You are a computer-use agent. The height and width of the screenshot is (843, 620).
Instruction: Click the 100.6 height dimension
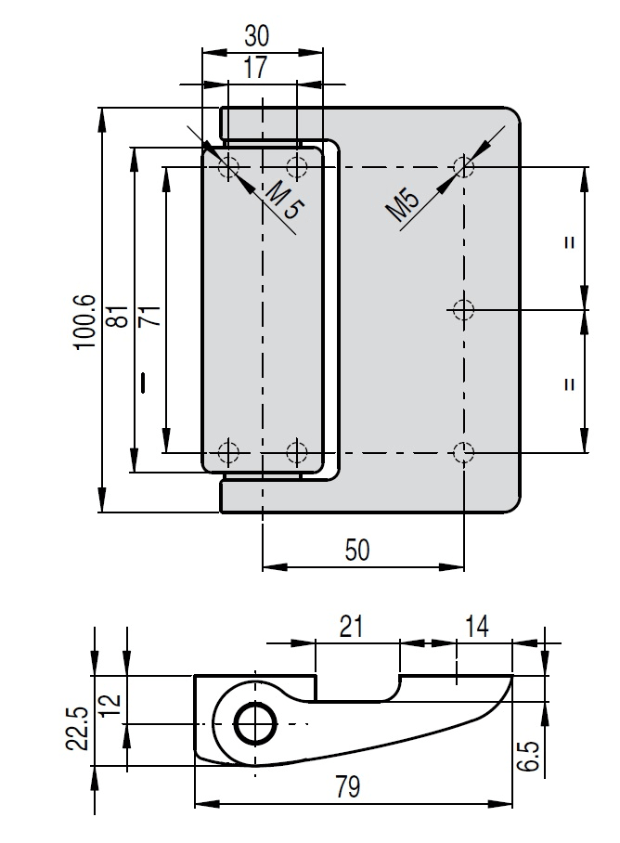[84, 321]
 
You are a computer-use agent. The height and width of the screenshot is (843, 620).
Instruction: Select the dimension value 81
[118, 317]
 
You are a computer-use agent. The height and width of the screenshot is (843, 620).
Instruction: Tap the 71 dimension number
[149, 316]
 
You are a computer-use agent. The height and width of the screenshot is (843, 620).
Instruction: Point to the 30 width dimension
[257, 36]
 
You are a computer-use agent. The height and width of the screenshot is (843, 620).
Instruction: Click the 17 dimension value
[255, 67]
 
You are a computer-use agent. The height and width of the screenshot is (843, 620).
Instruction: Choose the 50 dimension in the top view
[356, 550]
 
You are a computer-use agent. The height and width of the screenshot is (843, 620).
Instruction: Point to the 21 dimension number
[350, 627]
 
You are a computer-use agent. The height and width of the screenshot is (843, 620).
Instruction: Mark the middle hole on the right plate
[463, 308]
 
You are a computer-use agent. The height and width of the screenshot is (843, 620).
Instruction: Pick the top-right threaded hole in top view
[463, 167]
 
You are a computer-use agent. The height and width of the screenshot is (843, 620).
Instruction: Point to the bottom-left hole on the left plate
[227, 453]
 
